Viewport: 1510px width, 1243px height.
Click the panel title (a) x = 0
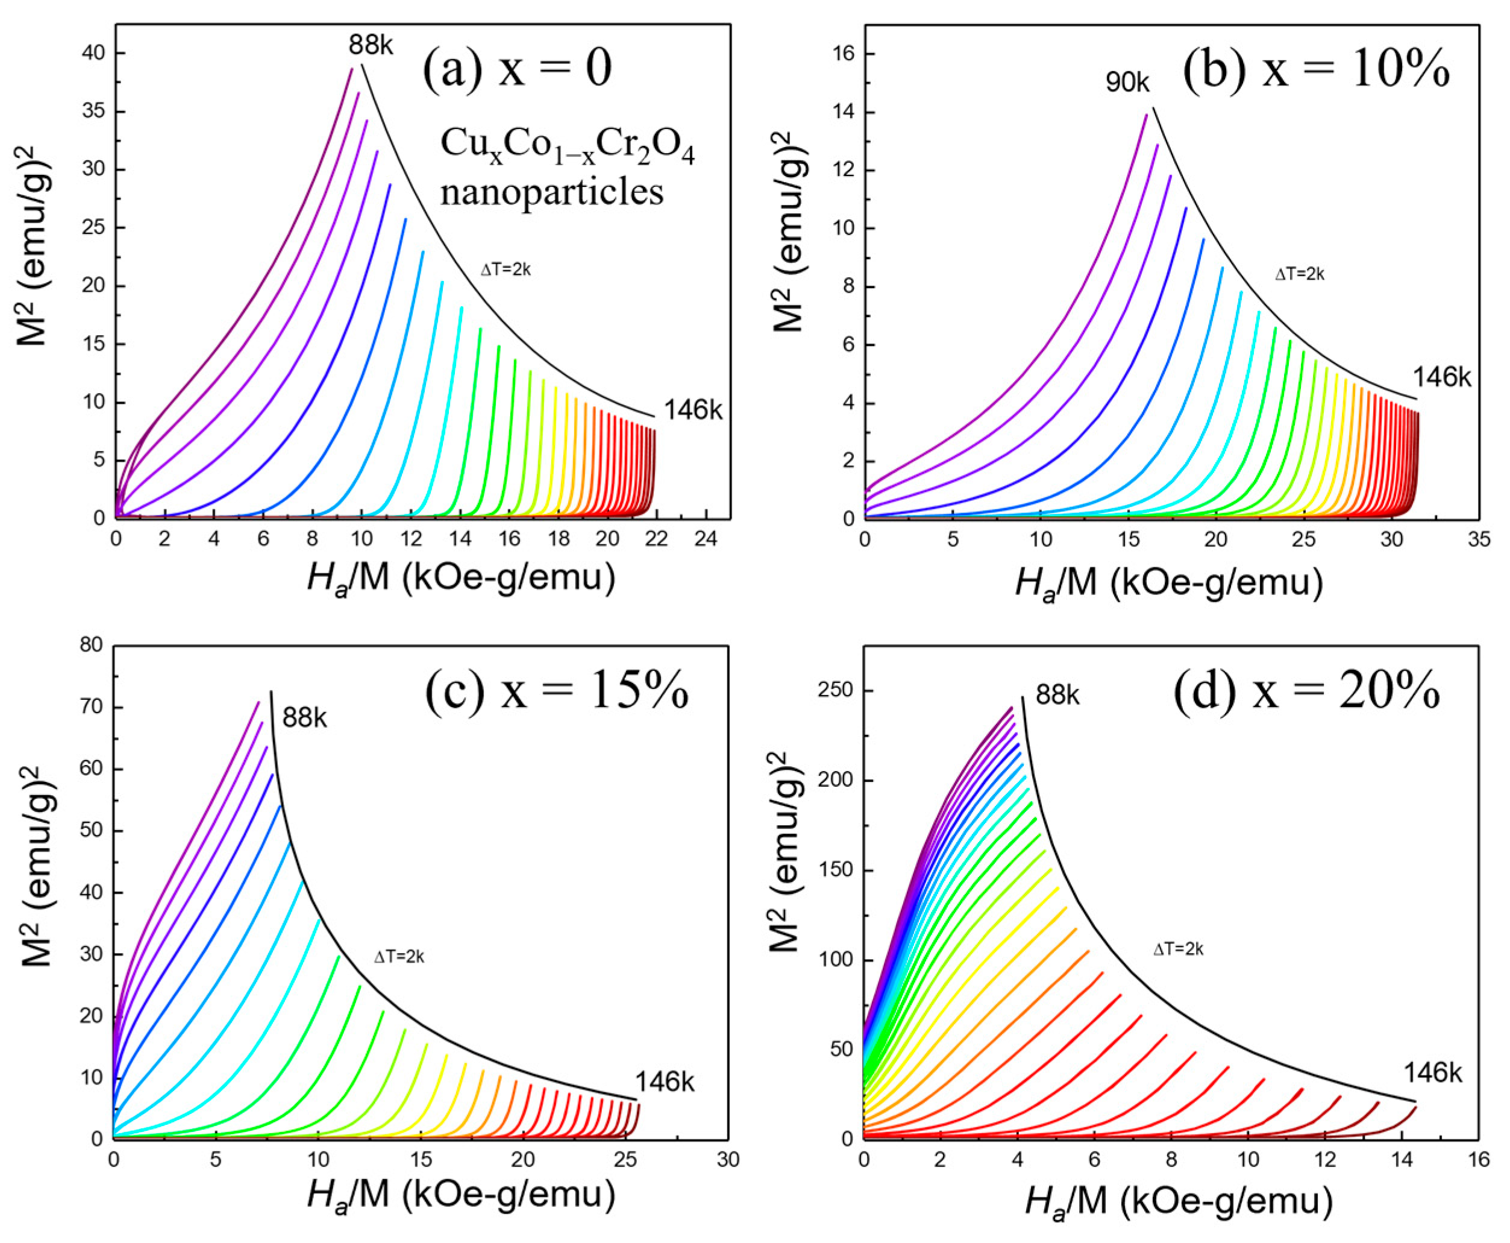[517, 69]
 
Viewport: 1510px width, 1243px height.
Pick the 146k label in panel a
[693, 411]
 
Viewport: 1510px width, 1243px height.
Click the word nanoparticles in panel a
[552, 192]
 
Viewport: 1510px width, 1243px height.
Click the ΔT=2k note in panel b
[1300, 274]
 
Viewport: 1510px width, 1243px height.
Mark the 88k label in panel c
[304, 717]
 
